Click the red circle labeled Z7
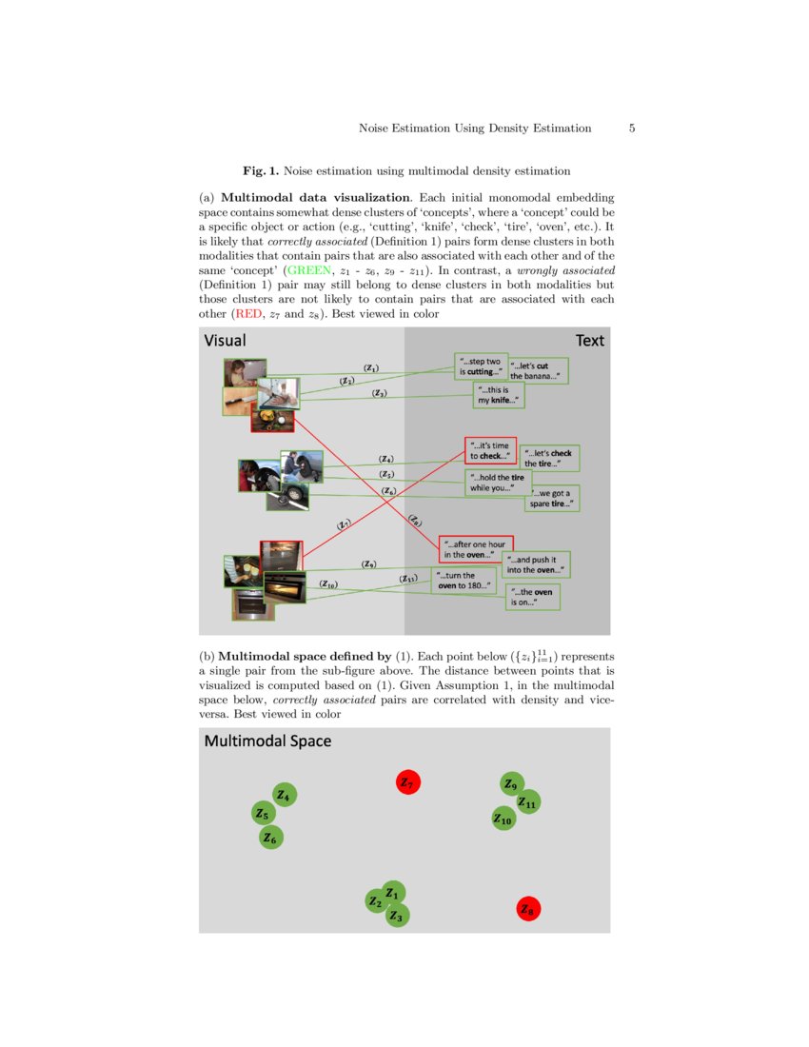408,782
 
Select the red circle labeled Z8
528,909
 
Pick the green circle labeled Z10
503,819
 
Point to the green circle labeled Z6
271,838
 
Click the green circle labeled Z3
399,916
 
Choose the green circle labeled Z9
512,783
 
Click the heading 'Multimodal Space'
267,741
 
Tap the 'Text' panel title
589,341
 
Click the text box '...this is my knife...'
499,396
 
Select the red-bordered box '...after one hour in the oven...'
475,549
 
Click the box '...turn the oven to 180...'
464,581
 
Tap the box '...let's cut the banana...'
539,371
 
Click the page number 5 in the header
632,128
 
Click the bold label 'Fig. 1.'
260,171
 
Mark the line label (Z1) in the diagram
371,368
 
